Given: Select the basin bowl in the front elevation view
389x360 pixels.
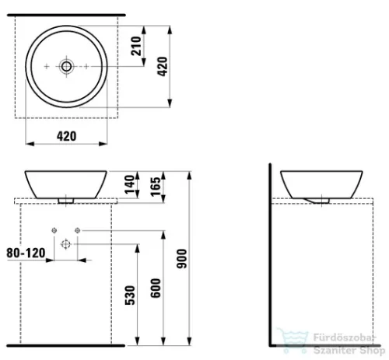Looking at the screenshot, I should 67,183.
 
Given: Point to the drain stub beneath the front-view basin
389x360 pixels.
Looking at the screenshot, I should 67,200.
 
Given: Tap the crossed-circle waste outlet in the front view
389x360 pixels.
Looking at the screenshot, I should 67,243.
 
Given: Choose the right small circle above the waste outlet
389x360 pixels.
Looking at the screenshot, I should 79,229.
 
